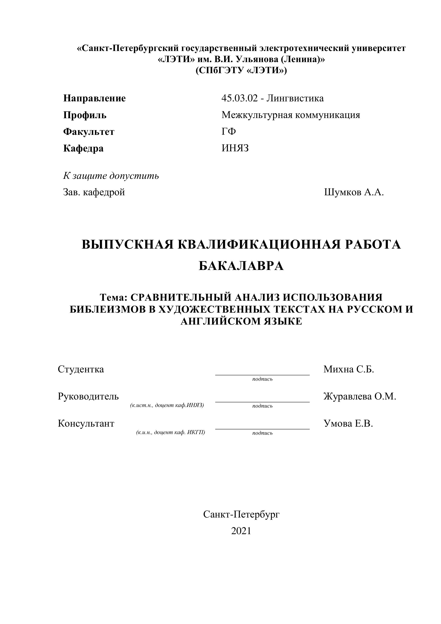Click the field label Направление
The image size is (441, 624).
click(x=94, y=98)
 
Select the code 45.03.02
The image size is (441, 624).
click(x=239, y=98)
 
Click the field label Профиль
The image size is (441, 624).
click(x=85, y=115)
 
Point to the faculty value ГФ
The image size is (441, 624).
click(x=228, y=132)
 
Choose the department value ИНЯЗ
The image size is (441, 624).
click(x=235, y=148)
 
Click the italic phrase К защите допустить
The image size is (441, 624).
click(x=111, y=176)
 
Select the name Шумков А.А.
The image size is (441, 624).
click(x=354, y=192)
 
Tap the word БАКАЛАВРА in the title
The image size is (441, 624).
click(x=241, y=266)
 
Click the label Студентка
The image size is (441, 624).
click(x=81, y=369)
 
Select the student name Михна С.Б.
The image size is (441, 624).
click(x=349, y=369)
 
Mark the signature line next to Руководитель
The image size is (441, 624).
click(x=262, y=401)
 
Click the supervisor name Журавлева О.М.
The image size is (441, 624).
click(x=360, y=397)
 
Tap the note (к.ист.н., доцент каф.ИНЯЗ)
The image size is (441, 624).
click(x=167, y=405)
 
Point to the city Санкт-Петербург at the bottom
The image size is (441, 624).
click(x=241, y=514)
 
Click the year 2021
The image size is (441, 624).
click(x=241, y=531)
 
